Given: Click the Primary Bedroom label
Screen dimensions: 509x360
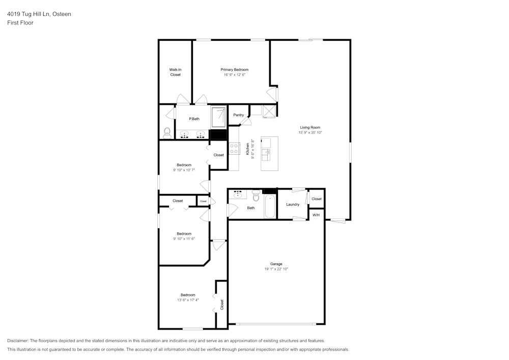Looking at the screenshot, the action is pyautogui.click(x=234, y=69).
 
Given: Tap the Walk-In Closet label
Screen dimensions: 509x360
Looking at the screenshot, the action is pyautogui.click(x=175, y=72).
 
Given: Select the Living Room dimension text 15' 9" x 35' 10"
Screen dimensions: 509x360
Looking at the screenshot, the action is pyautogui.click(x=310, y=132).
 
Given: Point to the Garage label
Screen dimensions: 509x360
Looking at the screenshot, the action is pyautogui.click(x=276, y=264).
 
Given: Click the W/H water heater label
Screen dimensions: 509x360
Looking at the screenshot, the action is pyautogui.click(x=316, y=215).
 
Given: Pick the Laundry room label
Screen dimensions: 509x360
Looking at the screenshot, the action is pyautogui.click(x=293, y=205).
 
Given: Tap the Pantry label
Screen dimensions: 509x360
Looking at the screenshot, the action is pyautogui.click(x=239, y=115).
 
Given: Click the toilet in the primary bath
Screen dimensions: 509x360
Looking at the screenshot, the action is pyautogui.click(x=167, y=133).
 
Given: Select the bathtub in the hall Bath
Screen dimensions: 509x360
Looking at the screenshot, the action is pyautogui.click(x=270, y=207).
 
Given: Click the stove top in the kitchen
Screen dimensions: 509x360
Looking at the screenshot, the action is pyautogui.click(x=234, y=149).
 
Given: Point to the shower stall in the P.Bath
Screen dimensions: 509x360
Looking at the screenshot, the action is pyautogui.click(x=218, y=118).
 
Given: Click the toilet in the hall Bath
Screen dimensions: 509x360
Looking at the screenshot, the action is pyautogui.click(x=256, y=196).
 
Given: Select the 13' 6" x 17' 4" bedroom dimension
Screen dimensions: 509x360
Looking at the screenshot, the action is pyautogui.click(x=188, y=300).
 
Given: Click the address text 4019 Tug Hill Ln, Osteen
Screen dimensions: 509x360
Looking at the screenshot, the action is pyautogui.click(x=39, y=14).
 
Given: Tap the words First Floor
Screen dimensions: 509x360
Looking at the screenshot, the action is pyautogui.click(x=20, y=23).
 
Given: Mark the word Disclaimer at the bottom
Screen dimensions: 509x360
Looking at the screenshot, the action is pyautogui.click(x=17, y=341).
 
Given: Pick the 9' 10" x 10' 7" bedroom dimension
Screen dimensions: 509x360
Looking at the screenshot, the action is pyautogui.click(x=184, y=170).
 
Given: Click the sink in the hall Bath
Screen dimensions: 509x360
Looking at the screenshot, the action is pyautogui.click(x=238, y=194).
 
